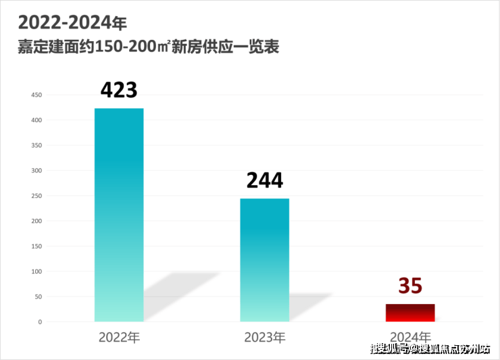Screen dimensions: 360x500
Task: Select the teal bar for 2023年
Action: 265,260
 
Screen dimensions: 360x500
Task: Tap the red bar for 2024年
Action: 410,313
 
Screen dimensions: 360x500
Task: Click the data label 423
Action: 119,90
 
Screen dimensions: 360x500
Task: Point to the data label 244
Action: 264,180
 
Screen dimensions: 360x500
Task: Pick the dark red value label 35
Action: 410,286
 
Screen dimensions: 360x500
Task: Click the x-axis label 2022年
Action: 119,336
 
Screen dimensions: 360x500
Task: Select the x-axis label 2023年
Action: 265,336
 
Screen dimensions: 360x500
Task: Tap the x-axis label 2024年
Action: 410,336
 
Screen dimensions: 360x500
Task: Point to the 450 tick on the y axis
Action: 36,95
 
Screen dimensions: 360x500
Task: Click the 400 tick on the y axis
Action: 36,120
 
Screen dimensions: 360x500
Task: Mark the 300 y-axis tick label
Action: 36,171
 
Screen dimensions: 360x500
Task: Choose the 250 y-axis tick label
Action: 36,196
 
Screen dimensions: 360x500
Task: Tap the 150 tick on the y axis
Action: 36,247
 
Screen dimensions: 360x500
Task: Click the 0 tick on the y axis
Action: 40,322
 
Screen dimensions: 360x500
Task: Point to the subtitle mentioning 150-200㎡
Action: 149,48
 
